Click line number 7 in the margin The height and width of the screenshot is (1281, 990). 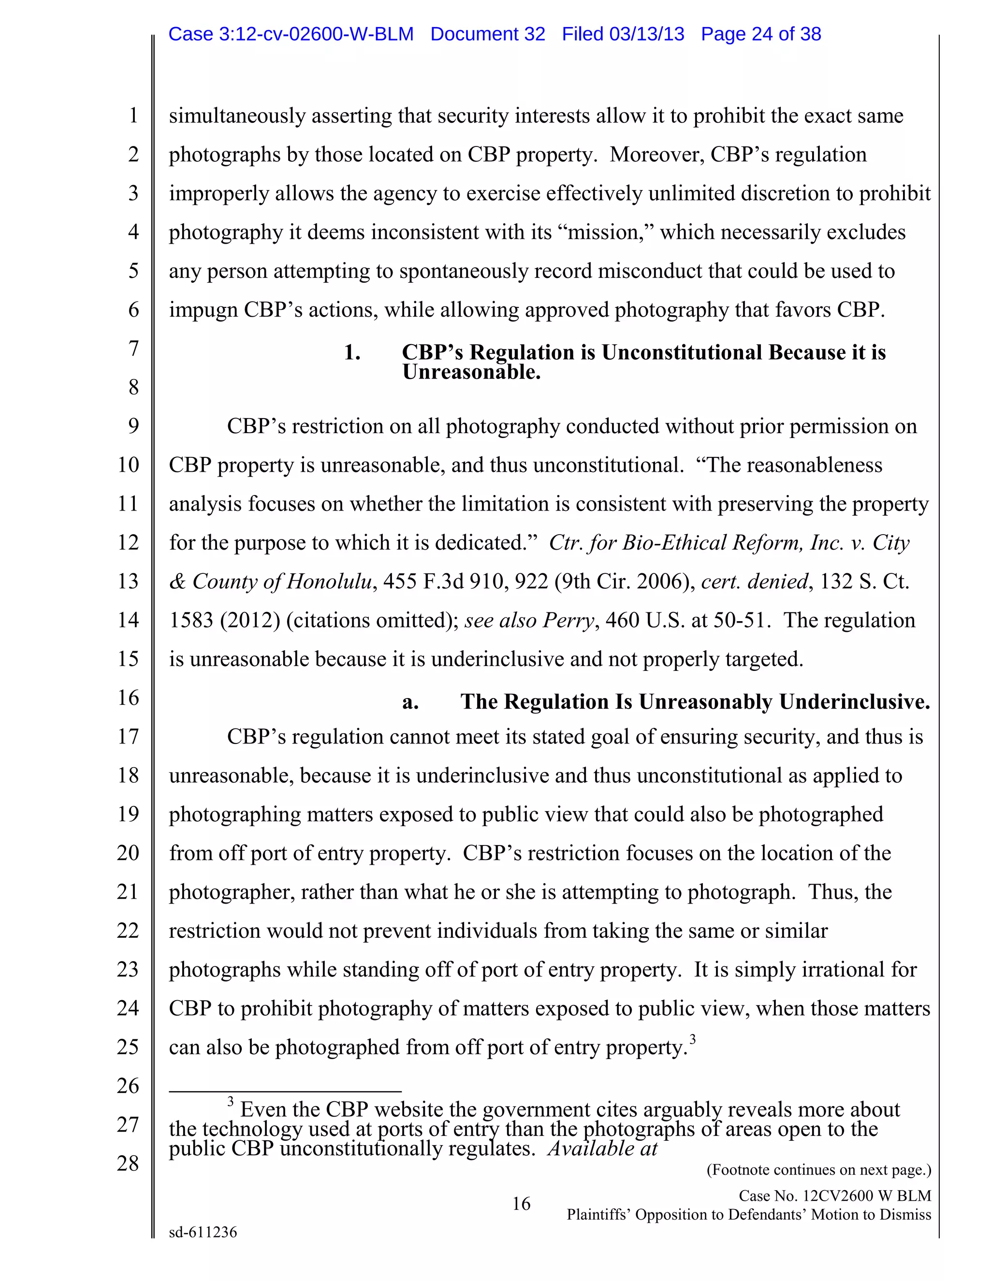134,349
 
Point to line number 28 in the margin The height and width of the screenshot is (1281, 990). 128,1163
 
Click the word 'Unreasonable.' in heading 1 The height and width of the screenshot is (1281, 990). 471,372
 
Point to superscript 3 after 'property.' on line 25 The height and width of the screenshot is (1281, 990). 693,1040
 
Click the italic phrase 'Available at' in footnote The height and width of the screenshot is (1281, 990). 602,1149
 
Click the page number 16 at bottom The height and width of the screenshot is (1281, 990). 521,1204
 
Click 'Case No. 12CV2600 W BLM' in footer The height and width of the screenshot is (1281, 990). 834,1195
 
